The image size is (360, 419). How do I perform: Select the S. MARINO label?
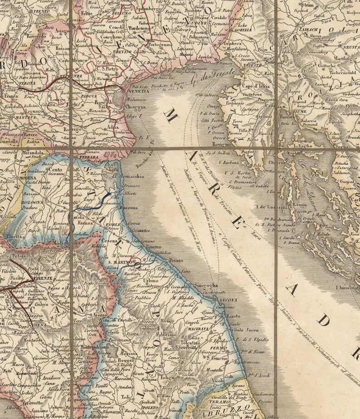tap(119, 262)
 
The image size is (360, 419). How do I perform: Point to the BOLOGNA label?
tap(31, 202)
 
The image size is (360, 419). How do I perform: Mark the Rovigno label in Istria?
tap(222, 144)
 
